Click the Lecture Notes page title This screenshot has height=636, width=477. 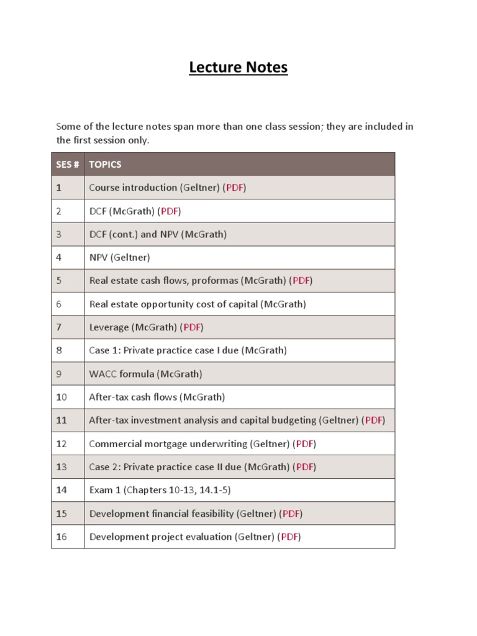point(238,67)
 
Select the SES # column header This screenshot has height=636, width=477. point(68,165)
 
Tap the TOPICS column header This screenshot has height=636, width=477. point(105,165)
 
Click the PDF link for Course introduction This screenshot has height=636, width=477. point(235,188)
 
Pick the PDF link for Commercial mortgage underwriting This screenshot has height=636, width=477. point(305,443)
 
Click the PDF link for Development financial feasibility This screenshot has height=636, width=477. point(291,514)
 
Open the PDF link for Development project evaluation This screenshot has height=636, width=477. point(289,537)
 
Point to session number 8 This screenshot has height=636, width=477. point(59,350)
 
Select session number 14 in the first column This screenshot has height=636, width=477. point(61,490)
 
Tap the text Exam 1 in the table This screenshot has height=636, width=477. point(105,490)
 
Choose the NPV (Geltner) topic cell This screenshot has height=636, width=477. point(120,257)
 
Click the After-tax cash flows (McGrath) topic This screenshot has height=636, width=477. point(157,397)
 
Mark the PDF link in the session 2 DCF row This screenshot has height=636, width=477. point(170,211)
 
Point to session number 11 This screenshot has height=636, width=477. point(61,420)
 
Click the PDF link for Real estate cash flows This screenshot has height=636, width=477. point(301,281)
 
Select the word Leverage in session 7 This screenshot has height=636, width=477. point(109,327)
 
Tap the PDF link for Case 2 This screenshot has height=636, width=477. point(305,467)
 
